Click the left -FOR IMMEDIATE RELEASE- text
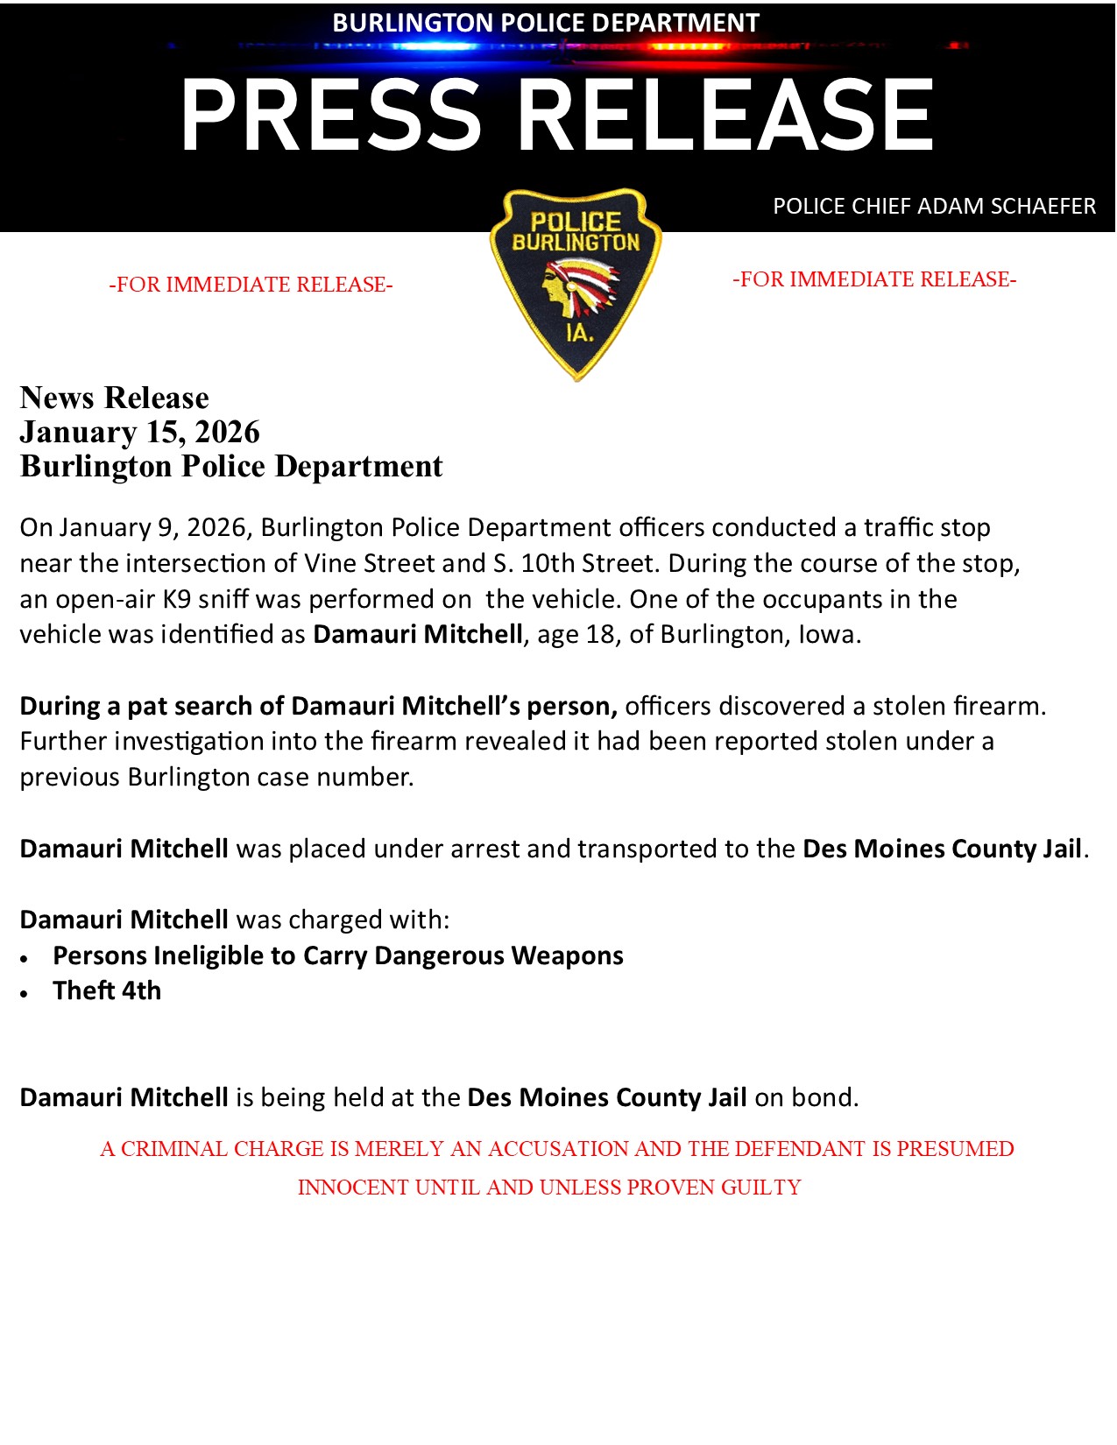[251, 285]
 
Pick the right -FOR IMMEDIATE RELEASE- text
[874, 279]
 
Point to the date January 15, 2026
[140, 432]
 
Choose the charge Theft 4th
[107, 990]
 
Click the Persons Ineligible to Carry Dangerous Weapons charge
[338, 955]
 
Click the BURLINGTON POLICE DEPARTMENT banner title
[546, 23]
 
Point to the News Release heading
[115, 398]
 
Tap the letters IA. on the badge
[579, 333]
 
